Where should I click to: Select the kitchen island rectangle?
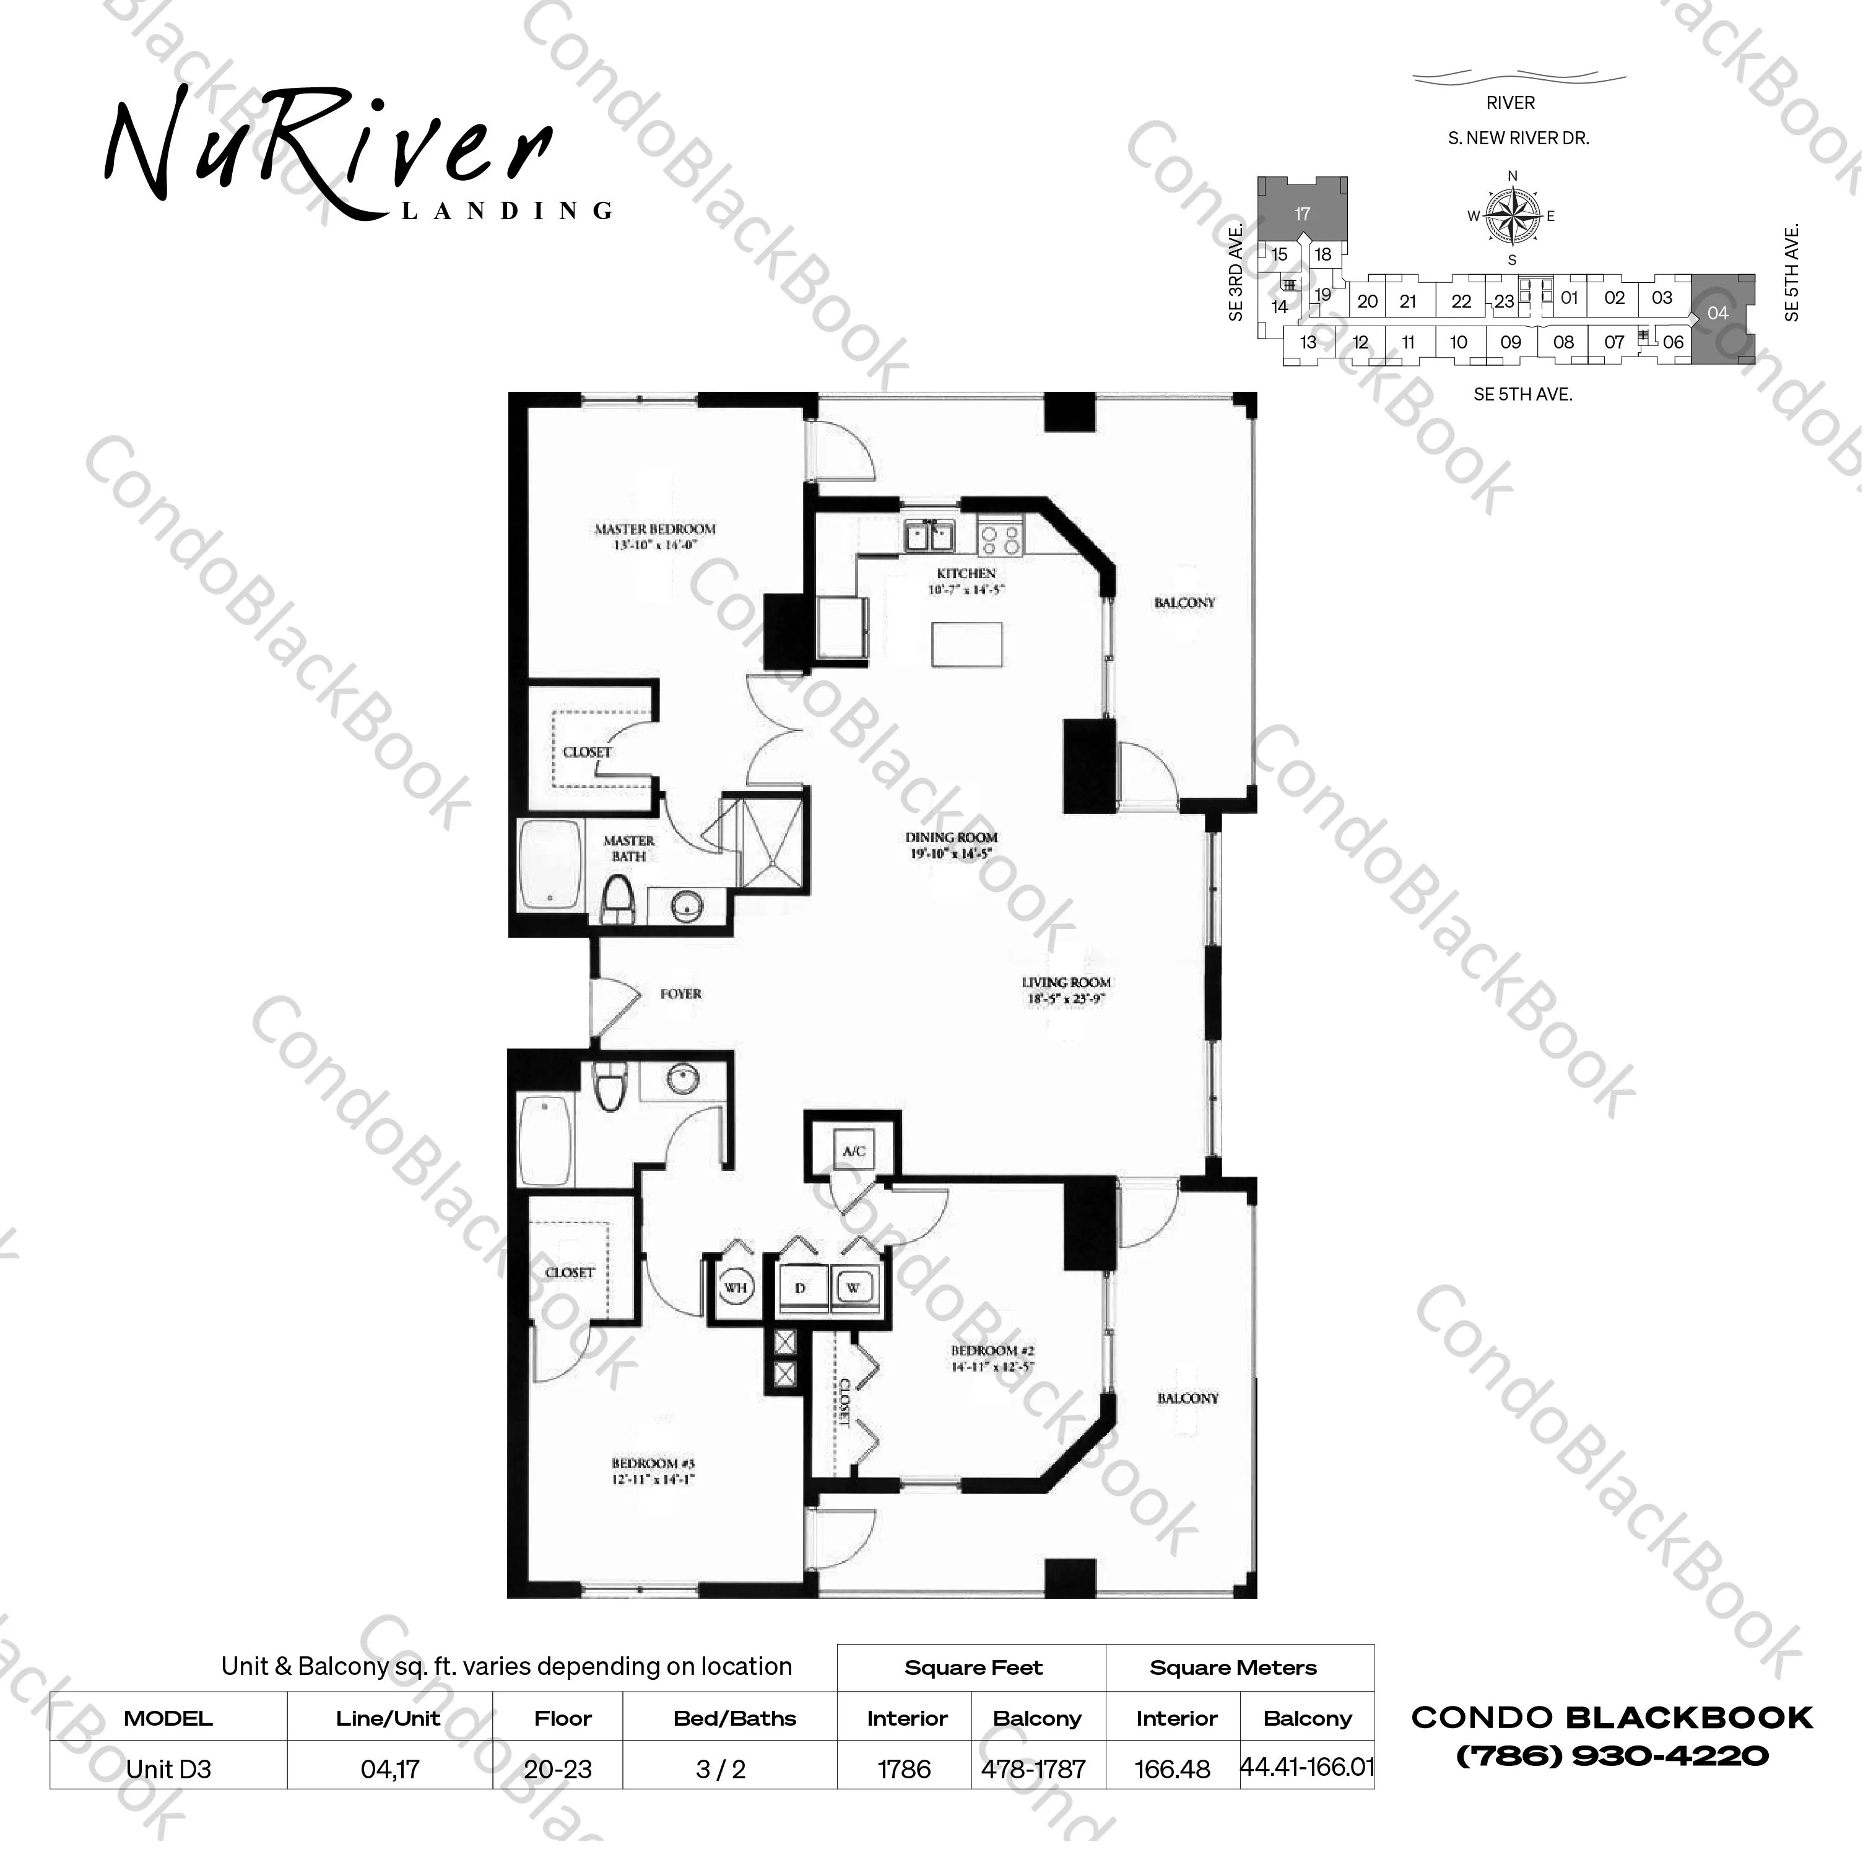click(966, 644)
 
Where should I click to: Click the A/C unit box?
click(853, 1150)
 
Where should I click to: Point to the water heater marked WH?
click(736, 1287)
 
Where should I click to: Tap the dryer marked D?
click(799, 1288)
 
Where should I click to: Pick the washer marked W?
click(853, 1288)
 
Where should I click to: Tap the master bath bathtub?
click(550, 865)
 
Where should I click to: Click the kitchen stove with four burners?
click(999, 537)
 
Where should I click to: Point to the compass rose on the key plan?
click(1512, 216)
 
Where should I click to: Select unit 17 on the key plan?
click(1302, 213)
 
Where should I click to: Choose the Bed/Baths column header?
click(735, 1718)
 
